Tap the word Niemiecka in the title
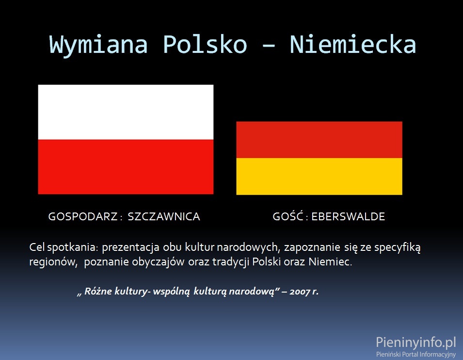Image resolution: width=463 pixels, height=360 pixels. (353, 44)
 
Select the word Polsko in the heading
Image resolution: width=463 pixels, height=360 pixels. (205, 44)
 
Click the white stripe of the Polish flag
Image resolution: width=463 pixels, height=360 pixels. (126, 112)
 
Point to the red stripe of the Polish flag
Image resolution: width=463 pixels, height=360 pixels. (126, 167)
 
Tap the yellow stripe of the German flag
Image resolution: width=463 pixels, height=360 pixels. (319, 176)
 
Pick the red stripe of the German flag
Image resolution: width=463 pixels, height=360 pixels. (319, 140)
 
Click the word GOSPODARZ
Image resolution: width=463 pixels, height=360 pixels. (83, 217)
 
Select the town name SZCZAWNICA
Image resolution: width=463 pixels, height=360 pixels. (164, 217)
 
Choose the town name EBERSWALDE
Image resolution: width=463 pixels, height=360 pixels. (348, 217)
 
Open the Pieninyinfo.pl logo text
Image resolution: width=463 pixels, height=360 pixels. (416, 343)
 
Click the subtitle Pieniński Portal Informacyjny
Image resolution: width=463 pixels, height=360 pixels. (416, 354)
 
